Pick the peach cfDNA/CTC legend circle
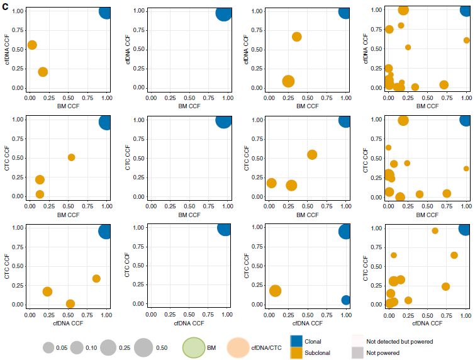238,347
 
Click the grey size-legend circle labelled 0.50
144,347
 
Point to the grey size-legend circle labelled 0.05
48,347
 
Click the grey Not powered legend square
357,353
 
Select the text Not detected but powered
400,342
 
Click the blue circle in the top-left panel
105,11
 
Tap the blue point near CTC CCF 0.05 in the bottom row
346,300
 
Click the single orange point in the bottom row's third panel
275,291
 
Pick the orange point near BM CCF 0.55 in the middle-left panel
71,157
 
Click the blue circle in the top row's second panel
223,13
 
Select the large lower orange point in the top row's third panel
288,81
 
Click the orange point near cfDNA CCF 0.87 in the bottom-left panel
96,279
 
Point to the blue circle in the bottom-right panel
465,229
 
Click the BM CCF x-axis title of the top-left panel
67,106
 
